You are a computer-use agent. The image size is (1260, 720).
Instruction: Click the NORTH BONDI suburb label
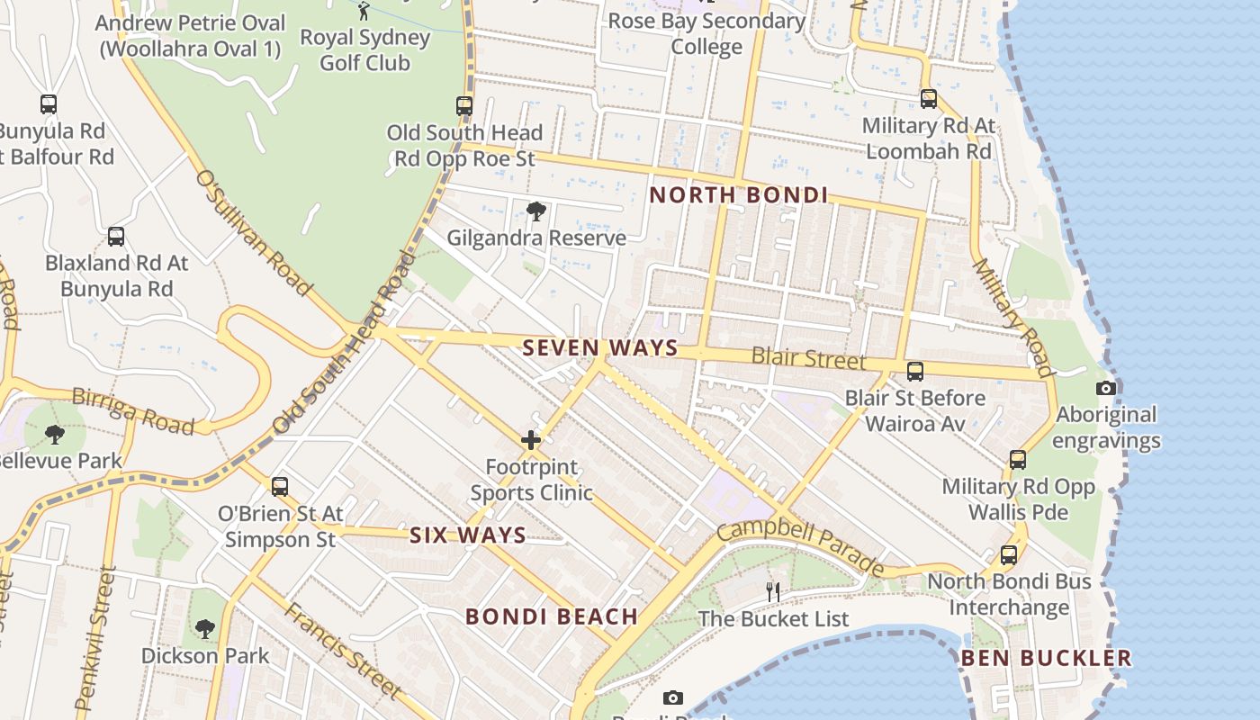tap(738, 195)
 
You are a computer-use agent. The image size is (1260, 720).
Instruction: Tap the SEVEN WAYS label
tap(600, 348)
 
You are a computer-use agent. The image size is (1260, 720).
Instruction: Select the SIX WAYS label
tap(468, 535)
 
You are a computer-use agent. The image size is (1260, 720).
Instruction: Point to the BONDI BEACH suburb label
tap(552, 616)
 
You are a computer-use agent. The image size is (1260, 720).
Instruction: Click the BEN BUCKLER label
tap(1046, 658)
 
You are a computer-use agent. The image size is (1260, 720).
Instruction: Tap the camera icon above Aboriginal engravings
tap(1106, 389)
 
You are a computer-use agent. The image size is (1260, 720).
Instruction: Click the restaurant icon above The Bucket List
tap(773, 591)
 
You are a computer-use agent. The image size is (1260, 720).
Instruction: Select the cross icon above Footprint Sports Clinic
tap(531, 440)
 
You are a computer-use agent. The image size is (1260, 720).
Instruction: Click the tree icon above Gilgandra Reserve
tap(536, 211)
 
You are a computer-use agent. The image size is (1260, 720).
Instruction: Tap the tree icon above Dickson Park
tap(205, 628)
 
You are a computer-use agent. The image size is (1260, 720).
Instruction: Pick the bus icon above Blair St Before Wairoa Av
tap(915, 371)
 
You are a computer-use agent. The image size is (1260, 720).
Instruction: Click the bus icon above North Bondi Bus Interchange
tap(1009, 554)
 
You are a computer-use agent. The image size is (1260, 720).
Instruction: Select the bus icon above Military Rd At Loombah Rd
tap(929, 98)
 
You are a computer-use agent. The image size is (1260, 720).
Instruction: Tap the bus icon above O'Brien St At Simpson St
tap(280, 487)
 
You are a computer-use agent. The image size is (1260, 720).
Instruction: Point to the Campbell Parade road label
tap(801, 544)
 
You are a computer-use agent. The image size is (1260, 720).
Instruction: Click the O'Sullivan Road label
tap(253, 233)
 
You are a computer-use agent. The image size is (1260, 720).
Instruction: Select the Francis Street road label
tap(343, 651)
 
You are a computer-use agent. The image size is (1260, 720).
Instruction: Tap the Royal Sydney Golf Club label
tap(364, 50)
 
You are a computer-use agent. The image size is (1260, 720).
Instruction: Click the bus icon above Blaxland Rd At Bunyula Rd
tap(116, 237)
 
